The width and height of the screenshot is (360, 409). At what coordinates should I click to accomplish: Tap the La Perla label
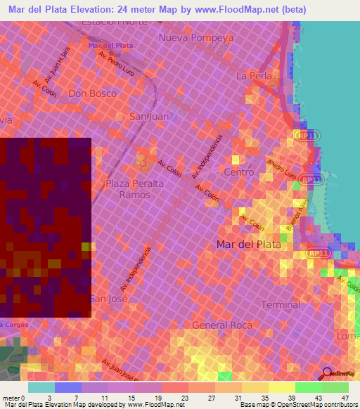(x=252, y=75)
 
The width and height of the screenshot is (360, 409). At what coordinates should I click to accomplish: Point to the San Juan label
(x=147, y=117)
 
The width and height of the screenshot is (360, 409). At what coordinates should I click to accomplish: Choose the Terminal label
(x=280, y=304)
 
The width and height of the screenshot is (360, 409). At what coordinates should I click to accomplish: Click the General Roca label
(x=217, y=325)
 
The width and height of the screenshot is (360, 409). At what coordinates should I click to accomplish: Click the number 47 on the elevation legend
(x=345, y=398)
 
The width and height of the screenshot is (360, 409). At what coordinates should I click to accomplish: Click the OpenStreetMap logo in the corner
(x=340, y=374)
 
